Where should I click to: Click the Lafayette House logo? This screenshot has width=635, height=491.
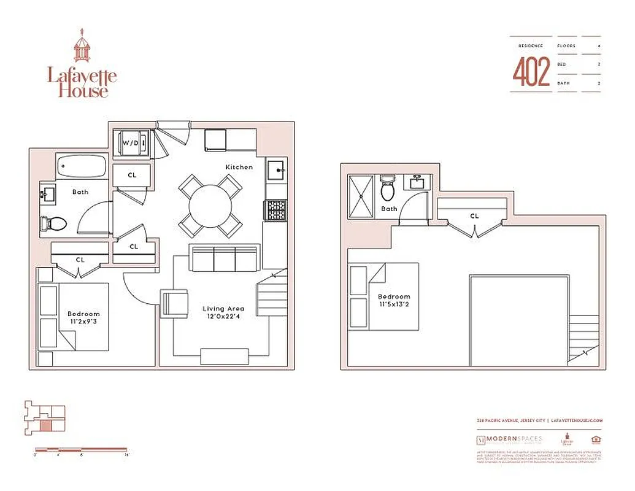pyautogui.click(x=82, y=64)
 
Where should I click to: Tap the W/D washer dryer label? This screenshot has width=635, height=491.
pyautogui.click(x=131, y=143)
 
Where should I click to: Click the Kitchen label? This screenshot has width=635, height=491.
pyautogui.click(x=239, y=167)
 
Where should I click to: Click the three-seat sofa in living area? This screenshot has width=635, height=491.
pyautogui.click(x=223, y=258)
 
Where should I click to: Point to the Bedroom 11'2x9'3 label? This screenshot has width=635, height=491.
pyautogui.click(x=83, y=319)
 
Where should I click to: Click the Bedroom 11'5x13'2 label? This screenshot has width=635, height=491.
pyautogui.click(x=394, y=300)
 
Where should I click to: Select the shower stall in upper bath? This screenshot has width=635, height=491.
pyautogui.click(x=361, y=196)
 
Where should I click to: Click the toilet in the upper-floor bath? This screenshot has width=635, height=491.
pyautogui.click(x=388, y=188)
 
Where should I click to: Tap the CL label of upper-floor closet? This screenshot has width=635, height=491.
pyautogui.click(x=474, y=216)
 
